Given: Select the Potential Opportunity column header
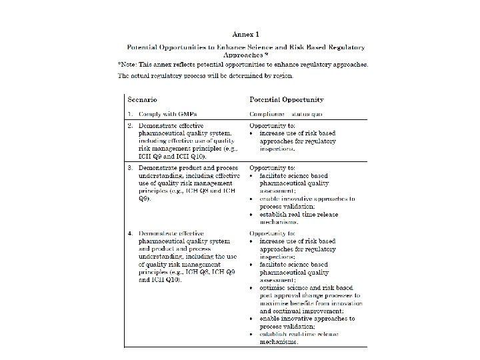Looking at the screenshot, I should [287, 100].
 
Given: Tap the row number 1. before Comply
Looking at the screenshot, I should [131, 113].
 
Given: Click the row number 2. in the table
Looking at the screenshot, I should [131, 125].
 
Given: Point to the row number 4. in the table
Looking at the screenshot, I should [131, 234].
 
